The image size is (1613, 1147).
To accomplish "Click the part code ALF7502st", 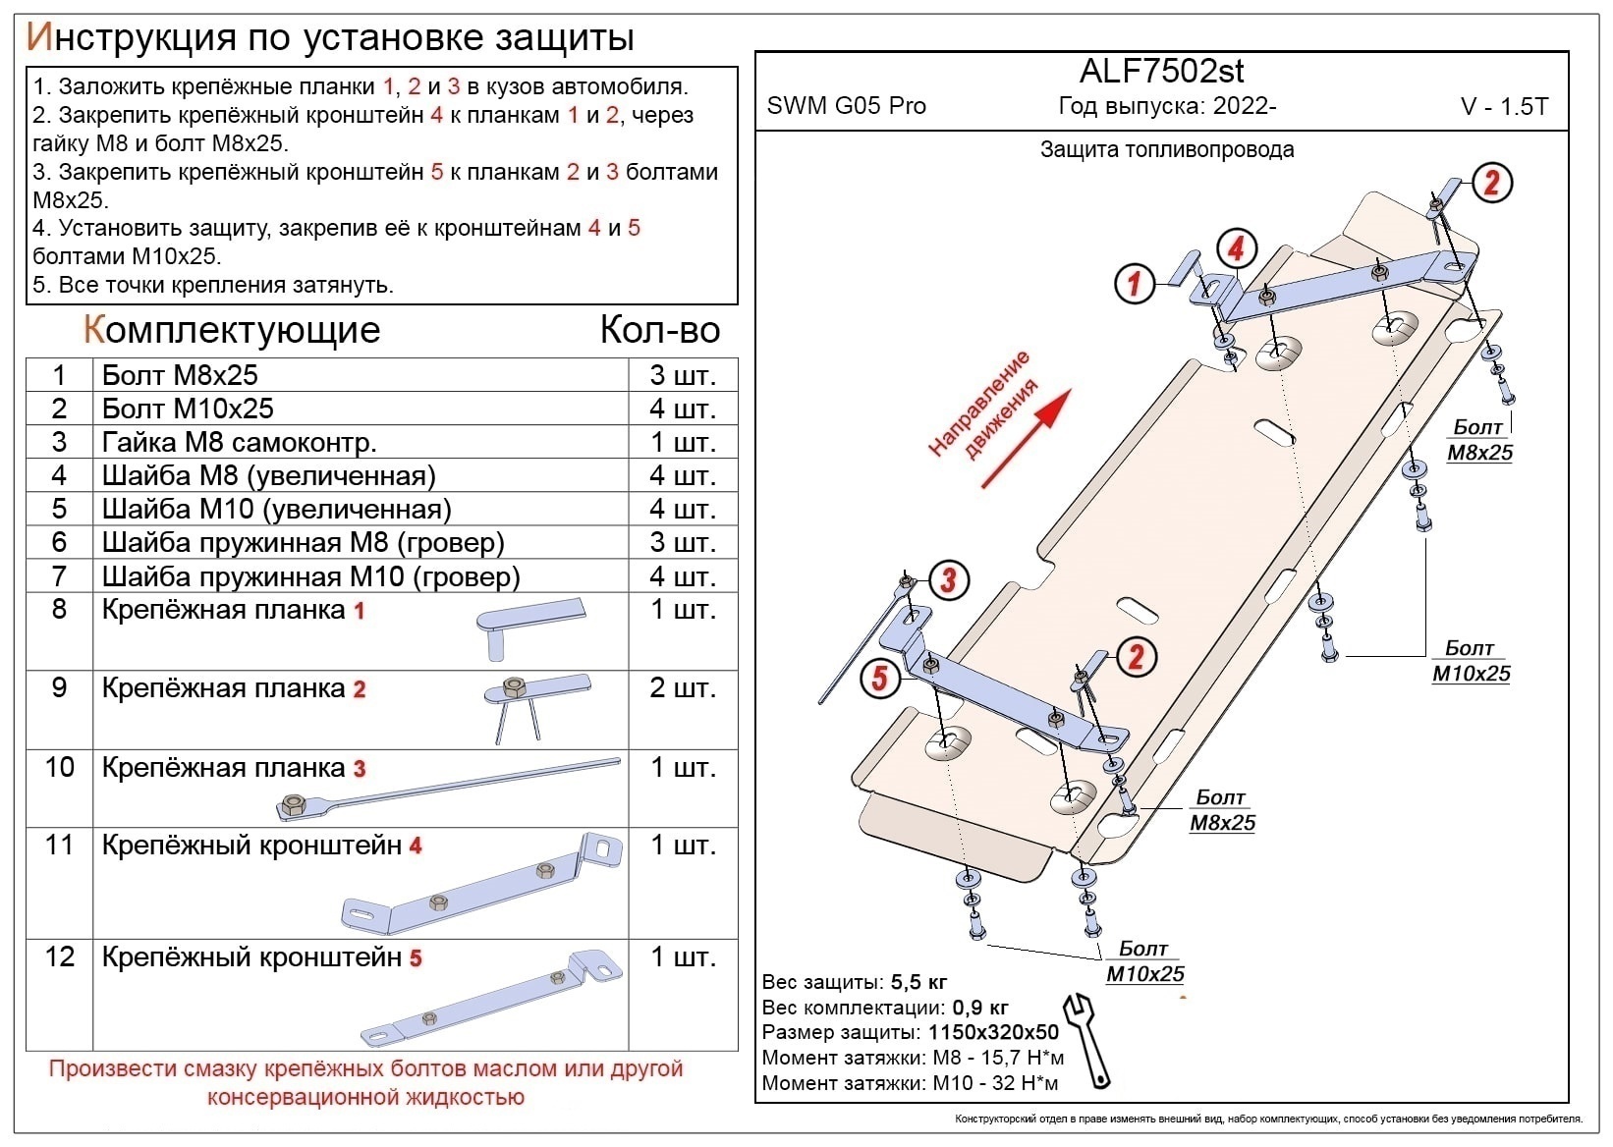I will (x=1161, y=72).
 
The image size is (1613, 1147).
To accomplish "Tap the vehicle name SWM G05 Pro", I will (x=846, y=106).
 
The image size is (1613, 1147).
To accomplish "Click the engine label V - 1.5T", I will (x=1504, y=107).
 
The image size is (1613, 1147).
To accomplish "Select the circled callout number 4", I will (x=1236, y=248).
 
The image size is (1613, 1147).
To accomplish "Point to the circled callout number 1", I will (x=1135, y=284).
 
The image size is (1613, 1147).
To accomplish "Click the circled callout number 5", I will (x=879, y=678).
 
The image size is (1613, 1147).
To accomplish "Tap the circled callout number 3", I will (x=948, y=579).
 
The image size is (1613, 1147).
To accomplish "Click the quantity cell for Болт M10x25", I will (x=682, y=409).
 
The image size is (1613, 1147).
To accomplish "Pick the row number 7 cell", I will (x=59, y=576).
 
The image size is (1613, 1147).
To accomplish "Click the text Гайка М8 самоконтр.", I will (x=239, y=442).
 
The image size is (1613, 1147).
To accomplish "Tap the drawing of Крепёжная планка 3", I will (x=447, y=790).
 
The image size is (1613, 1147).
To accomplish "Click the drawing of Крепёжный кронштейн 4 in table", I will (x=481, y=887).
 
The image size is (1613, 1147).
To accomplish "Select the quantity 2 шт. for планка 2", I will (x=682, y=688).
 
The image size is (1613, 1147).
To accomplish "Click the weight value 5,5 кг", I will (x=918, y=982).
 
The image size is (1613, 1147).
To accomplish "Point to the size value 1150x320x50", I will (x=992, y=1032).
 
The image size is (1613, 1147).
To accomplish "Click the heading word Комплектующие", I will (x=232, y=330).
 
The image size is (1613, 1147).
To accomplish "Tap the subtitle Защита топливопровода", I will (x=1167, y=150).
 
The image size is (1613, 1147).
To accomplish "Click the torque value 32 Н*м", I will (x=1027, y=1083).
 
